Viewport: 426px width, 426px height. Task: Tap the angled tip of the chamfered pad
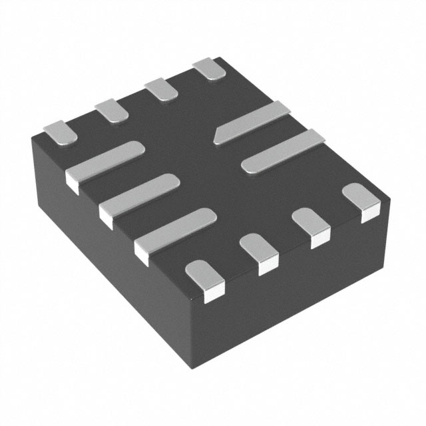[x=216, y=138]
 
